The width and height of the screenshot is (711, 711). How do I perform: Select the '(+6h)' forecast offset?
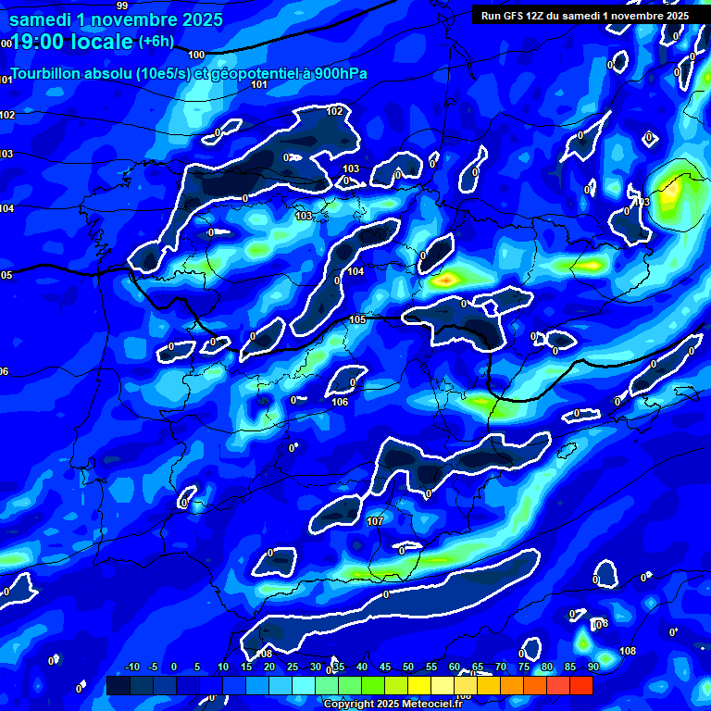tap(156, 41)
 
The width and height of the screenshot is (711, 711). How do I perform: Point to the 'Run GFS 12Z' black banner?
tap(584, 15)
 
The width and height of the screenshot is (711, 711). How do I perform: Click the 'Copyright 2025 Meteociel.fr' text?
tap(393, 704)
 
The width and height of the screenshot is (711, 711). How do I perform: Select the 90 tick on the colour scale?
tap(592, 667)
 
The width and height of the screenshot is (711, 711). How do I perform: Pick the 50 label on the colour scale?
tap(407, 667)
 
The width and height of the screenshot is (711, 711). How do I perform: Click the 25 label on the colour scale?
tap(292, 667)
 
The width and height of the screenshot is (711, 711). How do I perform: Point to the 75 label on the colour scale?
tap(523, 667)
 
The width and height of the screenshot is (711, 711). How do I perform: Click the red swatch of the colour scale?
tap(580, 685)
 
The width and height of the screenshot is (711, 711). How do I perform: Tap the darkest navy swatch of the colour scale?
tap(118, 685)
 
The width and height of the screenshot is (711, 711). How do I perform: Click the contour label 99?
tap(122, 6)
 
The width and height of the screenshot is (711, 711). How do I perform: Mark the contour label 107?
tap(375, 521)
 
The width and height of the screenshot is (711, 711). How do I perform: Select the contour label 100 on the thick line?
tap(195, 55)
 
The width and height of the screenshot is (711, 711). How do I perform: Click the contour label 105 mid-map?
tap(357, 319)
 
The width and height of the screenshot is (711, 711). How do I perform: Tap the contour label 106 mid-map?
tap(340, 402)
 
